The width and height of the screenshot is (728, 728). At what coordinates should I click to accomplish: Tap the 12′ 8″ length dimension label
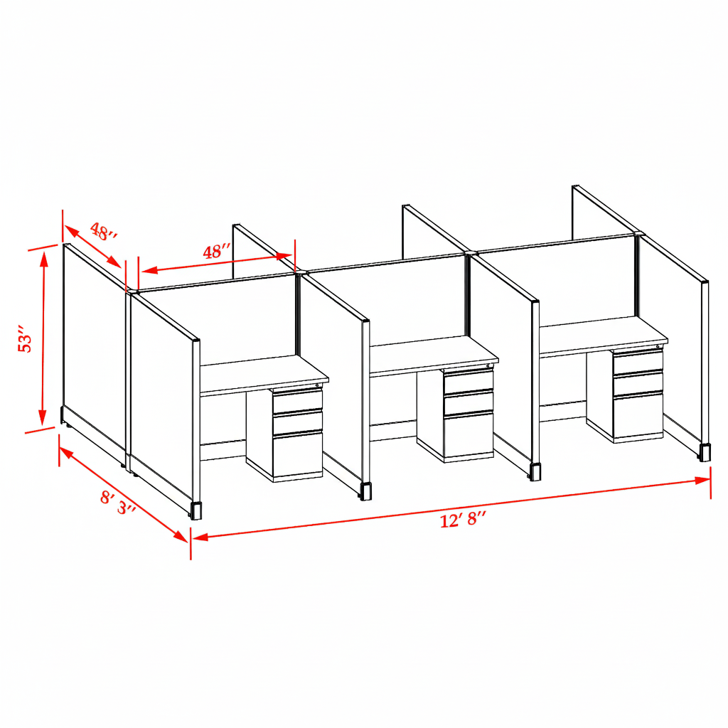[463, 520]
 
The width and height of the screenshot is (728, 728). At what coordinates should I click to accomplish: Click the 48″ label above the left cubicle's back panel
[217, 252]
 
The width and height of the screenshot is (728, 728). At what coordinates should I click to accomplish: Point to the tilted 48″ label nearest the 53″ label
[104, 232]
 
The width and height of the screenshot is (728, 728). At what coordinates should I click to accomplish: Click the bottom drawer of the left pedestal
[298, 455]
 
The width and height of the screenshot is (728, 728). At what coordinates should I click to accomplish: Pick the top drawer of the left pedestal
[298, 401]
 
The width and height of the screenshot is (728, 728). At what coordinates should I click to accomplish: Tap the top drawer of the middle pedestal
[469, 382]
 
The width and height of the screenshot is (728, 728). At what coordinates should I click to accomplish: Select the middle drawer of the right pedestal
[638, 384]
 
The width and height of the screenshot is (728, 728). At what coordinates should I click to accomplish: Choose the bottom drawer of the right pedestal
[638, 414]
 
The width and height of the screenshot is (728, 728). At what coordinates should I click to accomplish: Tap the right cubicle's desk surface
[604, 334]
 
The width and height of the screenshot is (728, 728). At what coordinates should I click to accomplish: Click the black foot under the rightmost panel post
[705, 453]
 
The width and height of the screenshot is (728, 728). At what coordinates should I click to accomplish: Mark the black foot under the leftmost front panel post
[196, 510]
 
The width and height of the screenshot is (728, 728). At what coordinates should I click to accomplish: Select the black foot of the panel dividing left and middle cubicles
[365, 491]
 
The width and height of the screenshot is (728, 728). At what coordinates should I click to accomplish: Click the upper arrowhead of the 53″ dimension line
[44, 256]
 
